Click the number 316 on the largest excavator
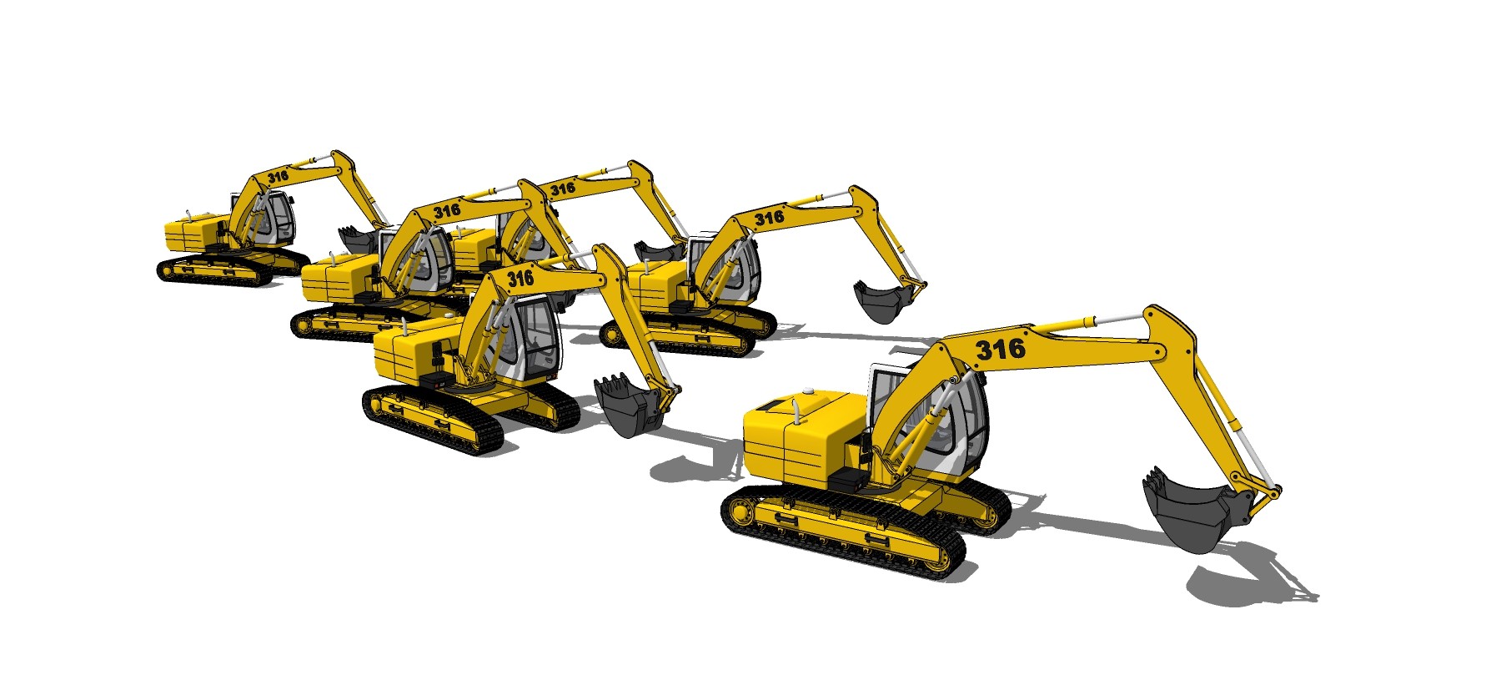pos(1000,348)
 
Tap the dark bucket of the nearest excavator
pos(1189,510)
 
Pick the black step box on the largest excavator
pos(850,479)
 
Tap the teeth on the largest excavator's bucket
pos(1154,480)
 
